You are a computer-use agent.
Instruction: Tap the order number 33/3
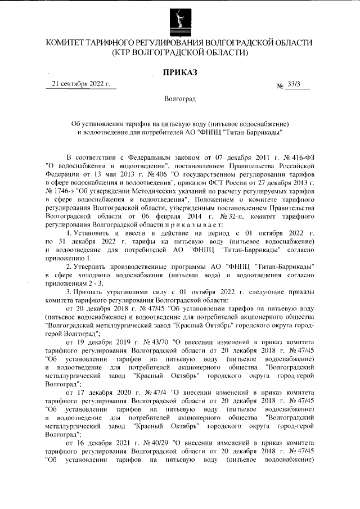pyautogui.click(x=294, y=84)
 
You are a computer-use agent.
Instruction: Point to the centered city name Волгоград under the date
pyautogui.click(x=180, y=100)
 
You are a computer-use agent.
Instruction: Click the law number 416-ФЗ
pyautogui.click(x=302, y=156)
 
